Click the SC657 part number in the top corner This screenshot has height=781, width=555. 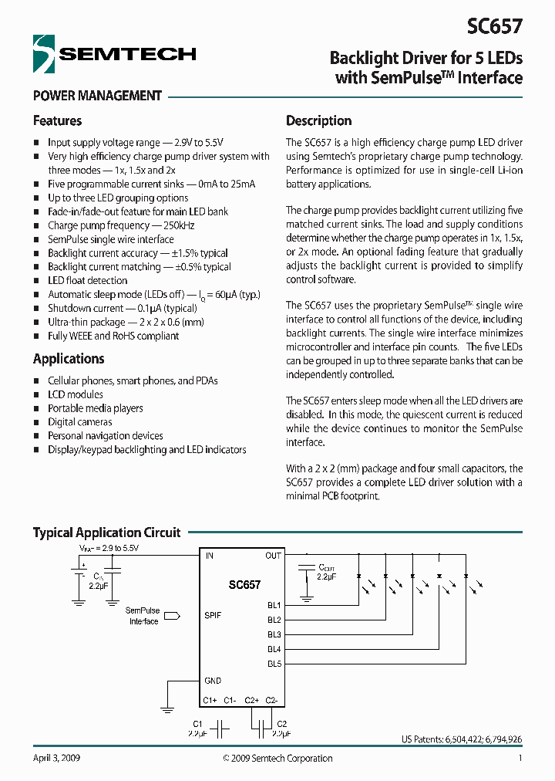(x=494, y=27)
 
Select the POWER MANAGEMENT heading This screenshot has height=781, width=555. (x=97, y=96)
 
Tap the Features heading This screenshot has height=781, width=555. (x=57, y=121)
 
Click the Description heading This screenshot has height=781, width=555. (x=318, y=121)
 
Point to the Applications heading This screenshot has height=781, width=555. (x=69, y=359)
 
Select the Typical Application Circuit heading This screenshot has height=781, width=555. (x=106, y=532)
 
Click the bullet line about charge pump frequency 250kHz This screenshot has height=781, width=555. (x=121, y=225)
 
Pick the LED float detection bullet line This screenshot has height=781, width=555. (x=87, y=281)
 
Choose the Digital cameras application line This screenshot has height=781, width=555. (x=79, y=422)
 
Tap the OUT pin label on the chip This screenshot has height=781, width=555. (x=273, y=556)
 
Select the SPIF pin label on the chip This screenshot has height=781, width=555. (x=213, y=616)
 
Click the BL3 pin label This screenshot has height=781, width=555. (x=274, y=634)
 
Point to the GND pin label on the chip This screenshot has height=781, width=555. (x=212, y=681)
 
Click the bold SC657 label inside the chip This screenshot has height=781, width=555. (x=244, y=586)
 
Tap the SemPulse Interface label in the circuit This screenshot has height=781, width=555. (x=143, y=616)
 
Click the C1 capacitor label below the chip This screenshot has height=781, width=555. (x=197, y=724)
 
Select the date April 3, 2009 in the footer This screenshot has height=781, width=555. (x=56, y=759)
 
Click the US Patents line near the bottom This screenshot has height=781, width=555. (x=462, y=739)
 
